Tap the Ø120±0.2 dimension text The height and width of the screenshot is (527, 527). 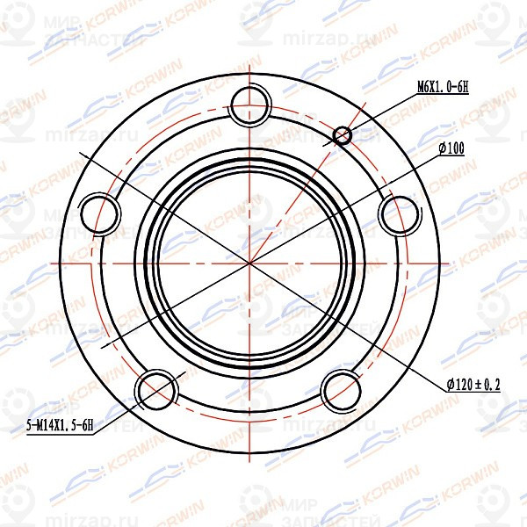pyautogui.click(x=480, y=385)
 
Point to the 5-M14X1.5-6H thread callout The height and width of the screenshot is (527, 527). pyautogui.click(x=60, y=425)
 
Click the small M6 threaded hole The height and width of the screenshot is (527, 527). pyautogui.click(x=343, y=134)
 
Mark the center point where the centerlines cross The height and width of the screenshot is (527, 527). pyautogui.click(x=250, y=262)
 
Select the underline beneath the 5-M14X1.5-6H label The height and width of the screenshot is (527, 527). pyautogui.click(x=60, y=433)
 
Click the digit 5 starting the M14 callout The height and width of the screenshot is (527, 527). pyautogui.click(x=29, y=425)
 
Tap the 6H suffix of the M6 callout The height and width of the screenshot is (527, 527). pyautogui.click(x=462, y=86)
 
